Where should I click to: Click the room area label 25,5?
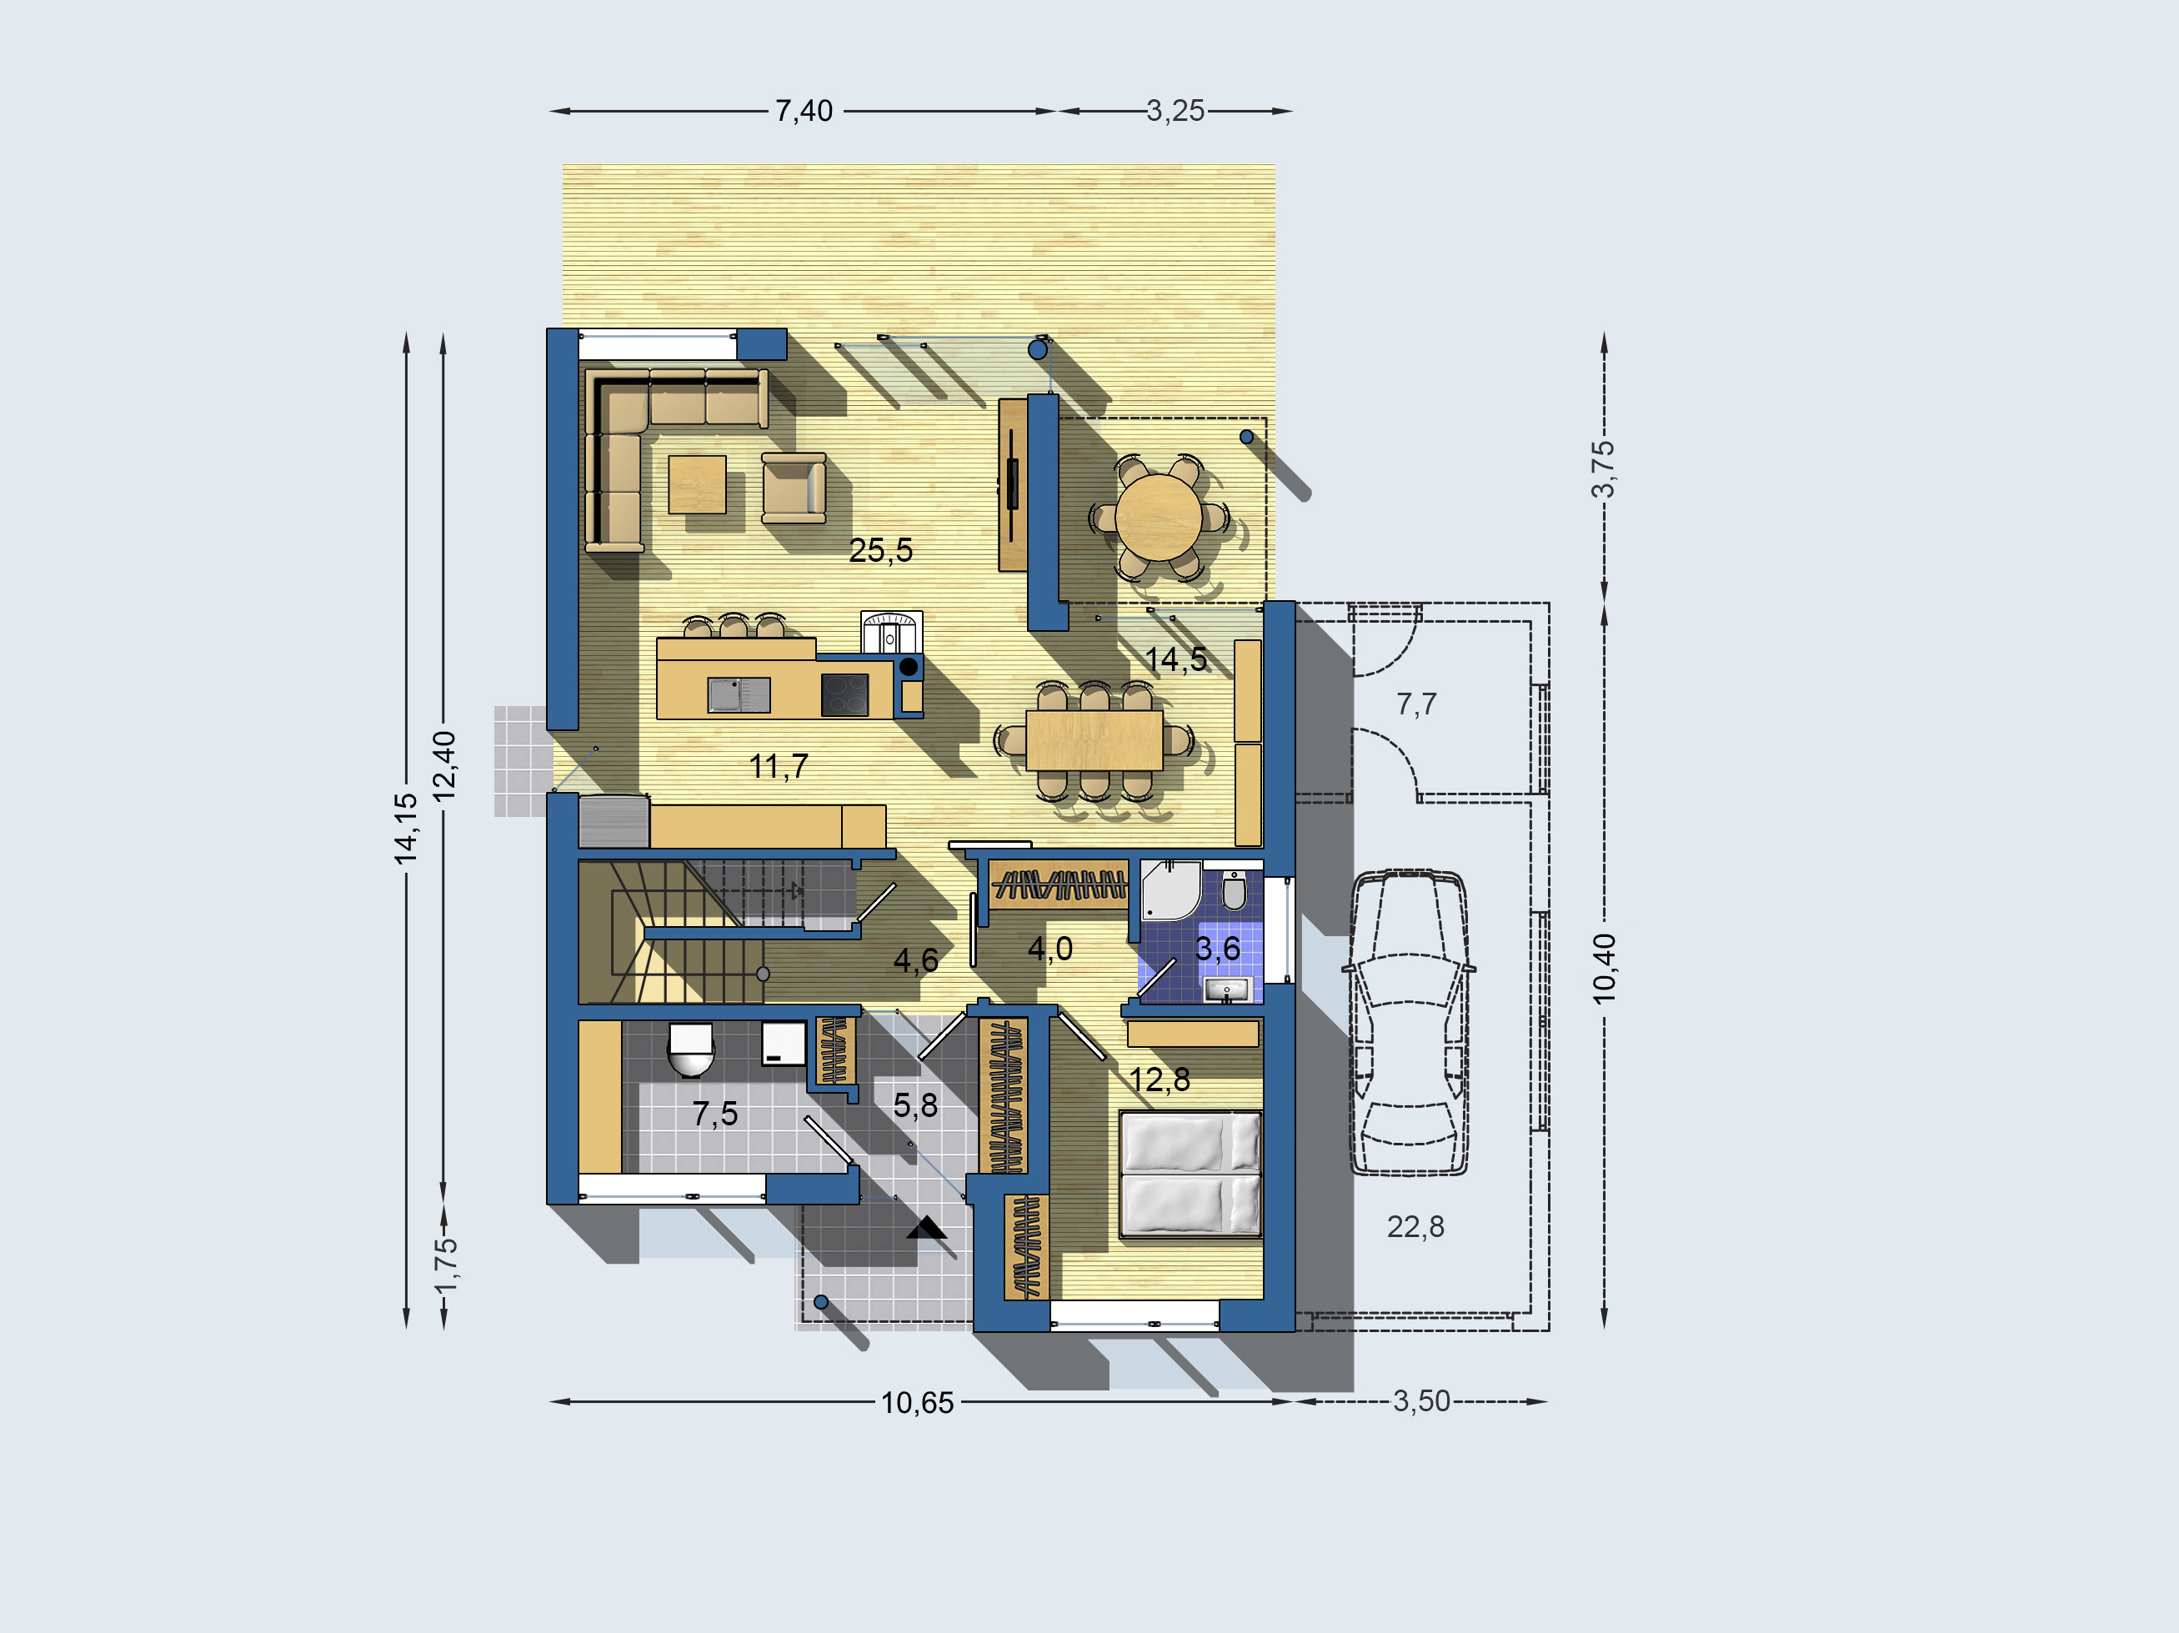(x=880, y=549)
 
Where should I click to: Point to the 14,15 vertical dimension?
(x=406, y=829)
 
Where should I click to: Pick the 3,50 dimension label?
(x=1421, y=1400)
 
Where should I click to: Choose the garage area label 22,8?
(x=1415, y=1227)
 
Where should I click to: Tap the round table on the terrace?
(x=1160, y=518)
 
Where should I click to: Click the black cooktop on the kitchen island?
(x=845, y=695)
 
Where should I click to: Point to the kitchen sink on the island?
(x=739, y=694)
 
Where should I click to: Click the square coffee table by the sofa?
(x=698, y=483)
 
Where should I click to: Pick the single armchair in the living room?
(x=794, y=488)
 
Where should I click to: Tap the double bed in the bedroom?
(x=1191, y=1174)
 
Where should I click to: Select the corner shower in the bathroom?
(x=1171, y=890)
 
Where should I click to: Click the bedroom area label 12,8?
(x=1160, y=1080)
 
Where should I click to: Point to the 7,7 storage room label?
(x=1416, y=704)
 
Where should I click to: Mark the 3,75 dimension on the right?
(x=1604, y=468)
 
